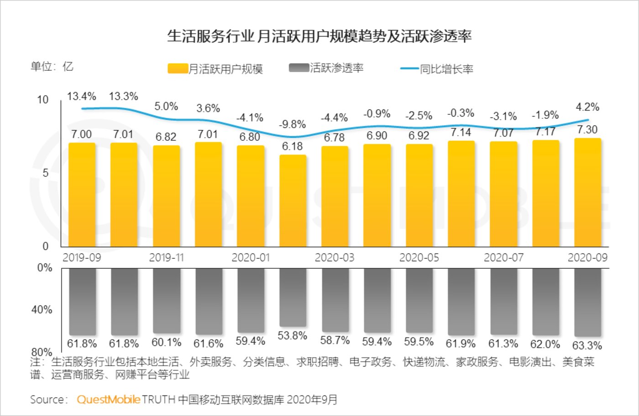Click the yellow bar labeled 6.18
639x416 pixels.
pyautogui.click(x=293, y=201)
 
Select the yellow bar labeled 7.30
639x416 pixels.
pyautogui.click(x=587, y=192)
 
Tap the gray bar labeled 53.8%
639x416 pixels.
pyautogui.click(x=293, y=297)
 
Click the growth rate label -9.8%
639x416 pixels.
pyautogui.click(x=293, y=124)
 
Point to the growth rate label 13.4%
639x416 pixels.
pyautogui.click(x=82, y=96)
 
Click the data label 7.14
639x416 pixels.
pyautogui.click(x=461, y=133)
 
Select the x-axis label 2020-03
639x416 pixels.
pyautogui.click(x=335, y=258)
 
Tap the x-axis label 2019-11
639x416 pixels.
pyautogui.click(x=166, y=258)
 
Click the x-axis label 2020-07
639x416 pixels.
pyautogui.click(x=503, y=258)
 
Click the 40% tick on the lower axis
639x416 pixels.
pyautogui.click(x=42, y=310)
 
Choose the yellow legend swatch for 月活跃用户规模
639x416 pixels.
pyautogui.click(x=178, y=69)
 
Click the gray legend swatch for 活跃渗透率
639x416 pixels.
pyautogui.click(x=299, y=68)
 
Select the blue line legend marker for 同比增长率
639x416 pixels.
pyautogui.click(x=409, y=69)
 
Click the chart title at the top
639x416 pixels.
pyautogui.click(x=319, y=37)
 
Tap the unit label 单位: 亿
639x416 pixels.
pyautogui.click(x=52, y=67)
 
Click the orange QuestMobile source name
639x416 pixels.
pyautogui.click(x=109, y=400)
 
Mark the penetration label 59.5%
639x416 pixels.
pyautogui.click(x=419, y=342)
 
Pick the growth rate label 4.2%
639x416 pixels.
pyautogui.click(x=587, y=107)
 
